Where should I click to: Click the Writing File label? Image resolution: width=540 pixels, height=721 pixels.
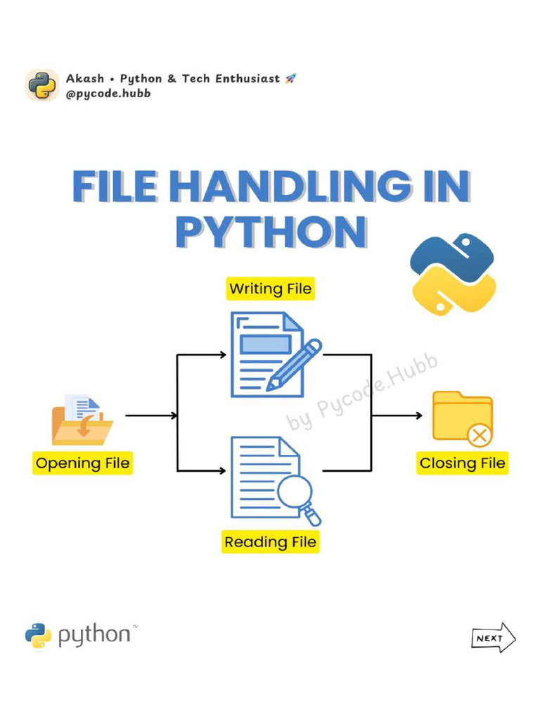(270, 289)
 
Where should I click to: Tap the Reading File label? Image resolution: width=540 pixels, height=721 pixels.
(270, 542)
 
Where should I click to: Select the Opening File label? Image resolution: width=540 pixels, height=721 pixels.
(82, 463)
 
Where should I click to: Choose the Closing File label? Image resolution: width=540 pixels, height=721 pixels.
(462, 463)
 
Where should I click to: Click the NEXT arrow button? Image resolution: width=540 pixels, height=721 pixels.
(493, 639)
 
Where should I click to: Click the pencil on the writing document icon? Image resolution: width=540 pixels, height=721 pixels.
(295, 365)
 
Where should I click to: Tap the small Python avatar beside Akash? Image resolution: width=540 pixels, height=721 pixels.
(42, 85)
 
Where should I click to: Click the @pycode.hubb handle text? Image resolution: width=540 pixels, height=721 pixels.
(108, 93)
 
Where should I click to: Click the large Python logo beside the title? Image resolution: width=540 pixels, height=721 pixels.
(453, 275)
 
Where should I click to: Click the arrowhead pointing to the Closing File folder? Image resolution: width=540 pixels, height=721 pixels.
(419, 415)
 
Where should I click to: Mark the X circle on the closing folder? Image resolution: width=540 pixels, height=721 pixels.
(480, 435)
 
